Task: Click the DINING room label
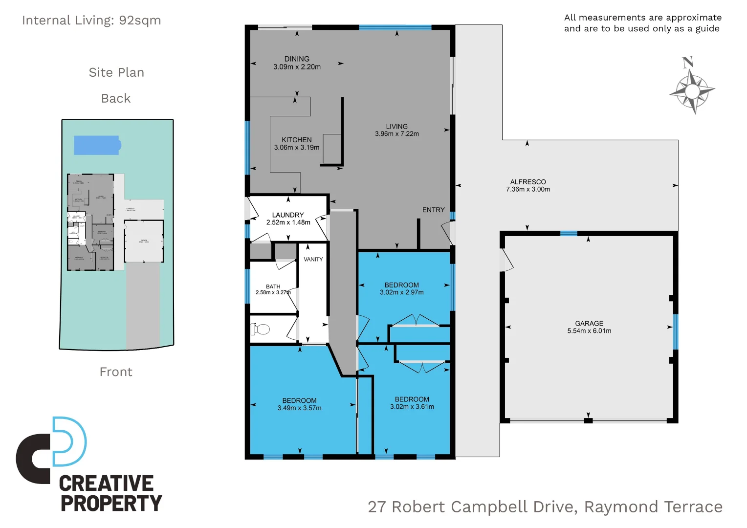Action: pos(297,59)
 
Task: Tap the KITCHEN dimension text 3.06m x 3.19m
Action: pos(297,148)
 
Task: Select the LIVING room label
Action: pos(396,126)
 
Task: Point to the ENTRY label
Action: pos(433,210)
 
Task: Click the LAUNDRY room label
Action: pos(288,215)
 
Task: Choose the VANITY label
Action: pos(313,259)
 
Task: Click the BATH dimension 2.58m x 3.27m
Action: pos(273,292)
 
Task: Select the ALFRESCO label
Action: pos(528,182)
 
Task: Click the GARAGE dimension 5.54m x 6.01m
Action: pos(589,331)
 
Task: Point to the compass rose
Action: pos(692,91)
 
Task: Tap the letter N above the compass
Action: pos(688,62)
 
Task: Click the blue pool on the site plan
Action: pos(97,145)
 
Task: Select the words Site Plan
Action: pos(116,72)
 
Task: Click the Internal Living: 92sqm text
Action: pos(91,21)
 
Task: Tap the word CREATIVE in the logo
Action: pos(106,483)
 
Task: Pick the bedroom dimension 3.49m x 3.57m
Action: pos(299,408)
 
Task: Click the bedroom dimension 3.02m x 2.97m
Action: pos(401,292)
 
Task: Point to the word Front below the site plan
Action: pos(116,372)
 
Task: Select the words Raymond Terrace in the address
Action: pos(653,507)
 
